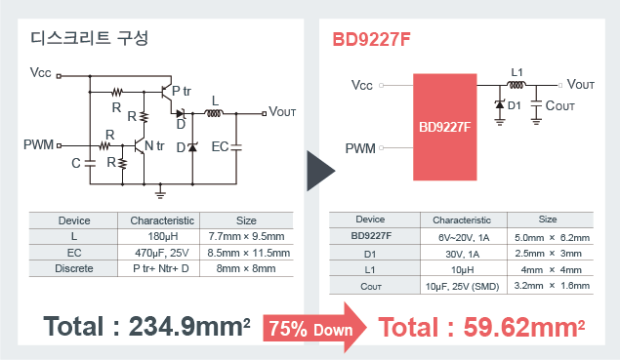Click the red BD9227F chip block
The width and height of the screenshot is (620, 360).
point(445,127)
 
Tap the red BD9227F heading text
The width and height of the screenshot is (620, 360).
point(371,40)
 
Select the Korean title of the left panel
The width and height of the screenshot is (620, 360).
point(90,38)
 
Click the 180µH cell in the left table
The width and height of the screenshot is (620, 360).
point(162,236)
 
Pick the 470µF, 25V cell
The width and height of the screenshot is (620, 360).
point(162,253)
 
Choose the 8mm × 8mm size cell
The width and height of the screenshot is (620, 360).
point(246,268)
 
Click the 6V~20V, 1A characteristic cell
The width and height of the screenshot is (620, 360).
point(464,237)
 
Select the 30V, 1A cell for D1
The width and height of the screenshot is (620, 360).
point(463,254)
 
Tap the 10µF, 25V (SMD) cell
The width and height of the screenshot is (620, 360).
point(462,286)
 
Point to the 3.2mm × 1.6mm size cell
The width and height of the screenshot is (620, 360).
point(552,285)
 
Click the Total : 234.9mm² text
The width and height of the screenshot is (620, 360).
point(146,327)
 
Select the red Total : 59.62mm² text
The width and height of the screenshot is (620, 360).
point(481,327)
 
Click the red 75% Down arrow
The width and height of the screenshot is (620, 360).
point(314,328)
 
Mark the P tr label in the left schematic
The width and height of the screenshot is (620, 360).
point(182,92)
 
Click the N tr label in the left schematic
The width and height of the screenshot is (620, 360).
point(154,145)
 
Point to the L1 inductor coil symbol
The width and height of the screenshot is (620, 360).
point(517,85)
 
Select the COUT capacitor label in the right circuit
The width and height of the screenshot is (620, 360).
point(559,106)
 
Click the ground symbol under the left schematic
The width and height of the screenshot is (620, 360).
point(160,192)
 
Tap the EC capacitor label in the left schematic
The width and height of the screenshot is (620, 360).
point(220,147)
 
